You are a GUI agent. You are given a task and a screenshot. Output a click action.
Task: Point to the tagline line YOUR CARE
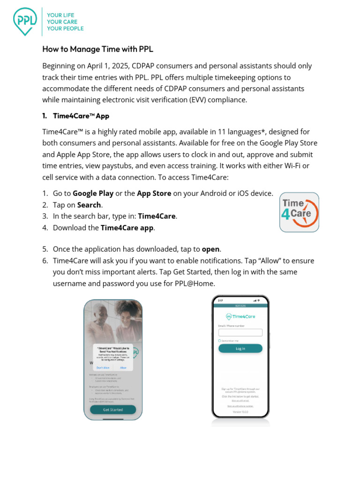click(62, 22)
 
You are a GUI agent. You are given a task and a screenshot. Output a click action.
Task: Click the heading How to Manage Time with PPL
click(97, 49)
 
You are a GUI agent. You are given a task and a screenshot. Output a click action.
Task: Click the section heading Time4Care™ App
click(82, 116)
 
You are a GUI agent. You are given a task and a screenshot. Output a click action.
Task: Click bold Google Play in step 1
click(93, 194)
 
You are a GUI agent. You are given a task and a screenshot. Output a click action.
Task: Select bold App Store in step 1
click(154, 194)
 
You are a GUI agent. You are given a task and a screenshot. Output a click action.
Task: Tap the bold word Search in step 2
click(89, 205)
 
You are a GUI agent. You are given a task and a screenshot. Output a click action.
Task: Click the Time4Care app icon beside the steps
click(299, 212)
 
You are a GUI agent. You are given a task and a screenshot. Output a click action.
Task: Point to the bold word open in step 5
click(211, 249)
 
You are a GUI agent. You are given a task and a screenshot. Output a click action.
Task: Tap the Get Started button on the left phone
click(113, 410)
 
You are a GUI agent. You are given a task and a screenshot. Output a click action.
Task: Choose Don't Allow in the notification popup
click(103, 367)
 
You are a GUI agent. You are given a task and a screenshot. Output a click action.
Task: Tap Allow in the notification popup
click(123, 367)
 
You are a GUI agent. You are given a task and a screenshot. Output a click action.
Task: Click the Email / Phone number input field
click(240, 332)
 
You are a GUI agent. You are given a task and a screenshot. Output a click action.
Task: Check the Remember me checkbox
click(220, 341)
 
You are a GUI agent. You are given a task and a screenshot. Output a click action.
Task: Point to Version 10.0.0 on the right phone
click(240, 412)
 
